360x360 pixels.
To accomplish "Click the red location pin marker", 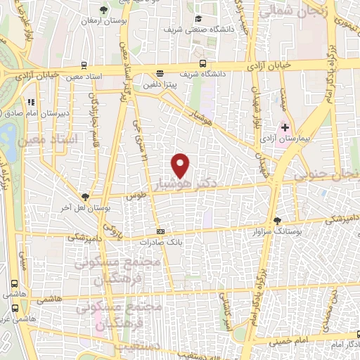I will coord(181,165).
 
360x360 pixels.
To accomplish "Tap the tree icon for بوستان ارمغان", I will coord(103,10).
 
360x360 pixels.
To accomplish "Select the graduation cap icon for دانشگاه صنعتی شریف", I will coord(199,18).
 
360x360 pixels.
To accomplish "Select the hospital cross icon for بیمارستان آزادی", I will coord(285,127).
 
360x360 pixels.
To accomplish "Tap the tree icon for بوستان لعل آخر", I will coord(86,198).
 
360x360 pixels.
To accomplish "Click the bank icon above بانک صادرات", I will coord(161,231).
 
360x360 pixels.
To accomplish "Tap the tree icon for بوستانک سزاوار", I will coord(278,221).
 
